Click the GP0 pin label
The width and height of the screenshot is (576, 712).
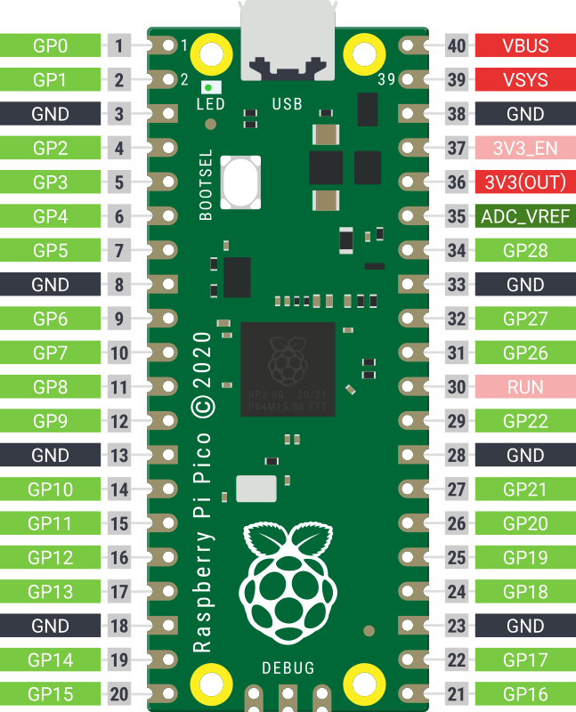50,45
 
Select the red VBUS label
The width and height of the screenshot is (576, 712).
525,45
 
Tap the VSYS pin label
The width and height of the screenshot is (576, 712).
525,80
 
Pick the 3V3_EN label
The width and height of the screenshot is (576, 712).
525,148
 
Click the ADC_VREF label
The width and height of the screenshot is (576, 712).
525,216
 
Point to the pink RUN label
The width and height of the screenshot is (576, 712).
525,387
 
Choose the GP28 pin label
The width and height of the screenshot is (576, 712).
525,250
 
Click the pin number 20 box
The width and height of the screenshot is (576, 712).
119,694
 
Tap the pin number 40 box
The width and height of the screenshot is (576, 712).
458,45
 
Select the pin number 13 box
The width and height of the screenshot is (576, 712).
119,456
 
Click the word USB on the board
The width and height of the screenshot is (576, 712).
288,104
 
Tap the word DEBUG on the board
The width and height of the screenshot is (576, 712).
288,667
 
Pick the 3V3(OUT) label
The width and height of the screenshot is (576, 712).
525,182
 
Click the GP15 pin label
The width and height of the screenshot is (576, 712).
50,694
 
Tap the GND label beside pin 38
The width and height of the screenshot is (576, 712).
525,114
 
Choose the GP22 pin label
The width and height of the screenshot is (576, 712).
525,421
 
